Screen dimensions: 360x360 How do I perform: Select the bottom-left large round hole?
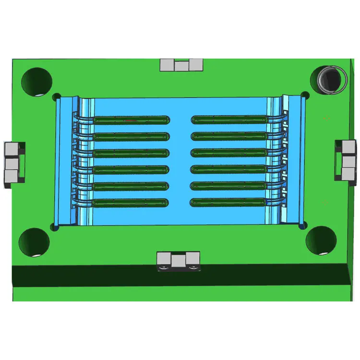[34, 242]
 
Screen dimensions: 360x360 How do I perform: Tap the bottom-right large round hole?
[321, 240]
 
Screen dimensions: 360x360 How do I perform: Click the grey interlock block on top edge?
[182, 65]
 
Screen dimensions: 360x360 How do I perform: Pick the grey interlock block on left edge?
[13, 164]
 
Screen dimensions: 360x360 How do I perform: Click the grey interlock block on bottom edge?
[178, 260]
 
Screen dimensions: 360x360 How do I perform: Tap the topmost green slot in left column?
[132, 120]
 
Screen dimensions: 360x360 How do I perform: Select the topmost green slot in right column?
[229, 119]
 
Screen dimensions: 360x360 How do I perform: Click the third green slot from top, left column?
[131, 153]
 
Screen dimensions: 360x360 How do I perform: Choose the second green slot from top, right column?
[229, 136]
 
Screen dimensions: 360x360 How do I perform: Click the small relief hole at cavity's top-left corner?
[56, 96]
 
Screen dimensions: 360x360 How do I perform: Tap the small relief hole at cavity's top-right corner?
[305, 95]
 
